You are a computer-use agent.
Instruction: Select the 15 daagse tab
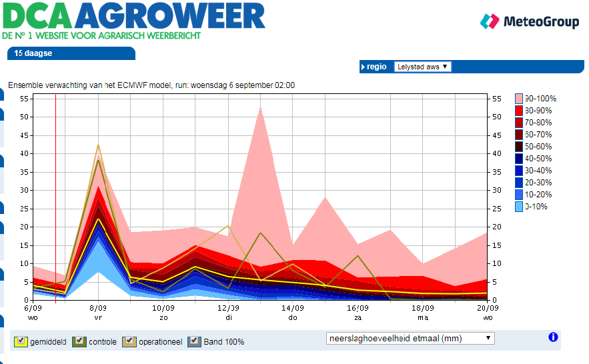click(33, 53)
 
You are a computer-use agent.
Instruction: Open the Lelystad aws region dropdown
click(422, 67)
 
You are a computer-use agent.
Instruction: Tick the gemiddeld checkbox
click(21, 341)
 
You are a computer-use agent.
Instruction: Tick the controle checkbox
click(79, 341)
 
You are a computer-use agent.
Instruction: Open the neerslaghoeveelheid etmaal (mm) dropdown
click(410, 338)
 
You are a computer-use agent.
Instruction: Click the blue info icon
click(552, 337)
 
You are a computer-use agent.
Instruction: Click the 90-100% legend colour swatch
click(519, 99)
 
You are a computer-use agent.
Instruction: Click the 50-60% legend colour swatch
click(519, 147)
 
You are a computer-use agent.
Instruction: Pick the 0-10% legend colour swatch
click(519, 207)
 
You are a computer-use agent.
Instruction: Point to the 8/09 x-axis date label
click(98, 309)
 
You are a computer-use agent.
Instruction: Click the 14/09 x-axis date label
click(292, 309)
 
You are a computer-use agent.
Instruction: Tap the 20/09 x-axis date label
click(487, 309)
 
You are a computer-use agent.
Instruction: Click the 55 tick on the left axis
click(24, 99)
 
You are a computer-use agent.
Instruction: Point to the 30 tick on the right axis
click(496, 190)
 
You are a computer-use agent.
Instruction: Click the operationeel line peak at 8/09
click(98, 145)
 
